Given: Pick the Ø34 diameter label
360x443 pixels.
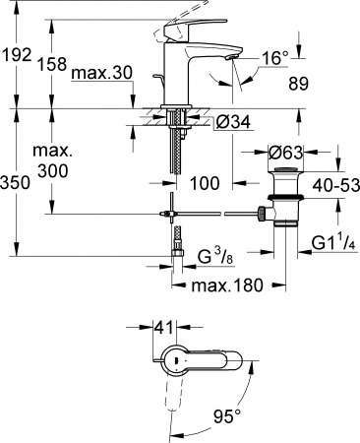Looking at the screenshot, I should click(x=232, y=123).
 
